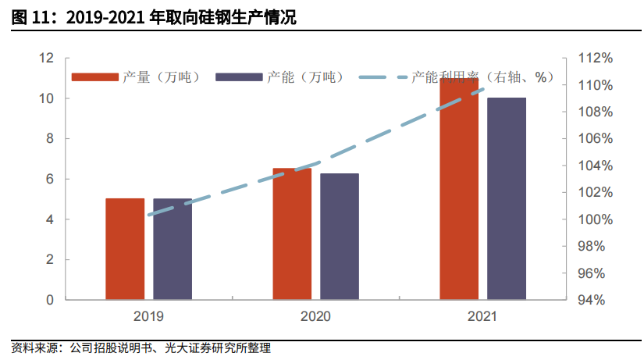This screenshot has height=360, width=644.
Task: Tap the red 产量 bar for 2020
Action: pos(292,233)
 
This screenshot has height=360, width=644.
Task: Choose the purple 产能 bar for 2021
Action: pos(507,198)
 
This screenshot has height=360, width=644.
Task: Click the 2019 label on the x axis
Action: pos(148,317)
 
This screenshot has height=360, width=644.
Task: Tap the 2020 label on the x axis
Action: pos(315,317)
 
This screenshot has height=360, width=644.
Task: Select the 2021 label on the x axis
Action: pos(482,317)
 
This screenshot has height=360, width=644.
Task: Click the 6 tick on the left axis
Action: pos(50,179)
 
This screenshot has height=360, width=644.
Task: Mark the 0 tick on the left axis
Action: pos(50,300)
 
